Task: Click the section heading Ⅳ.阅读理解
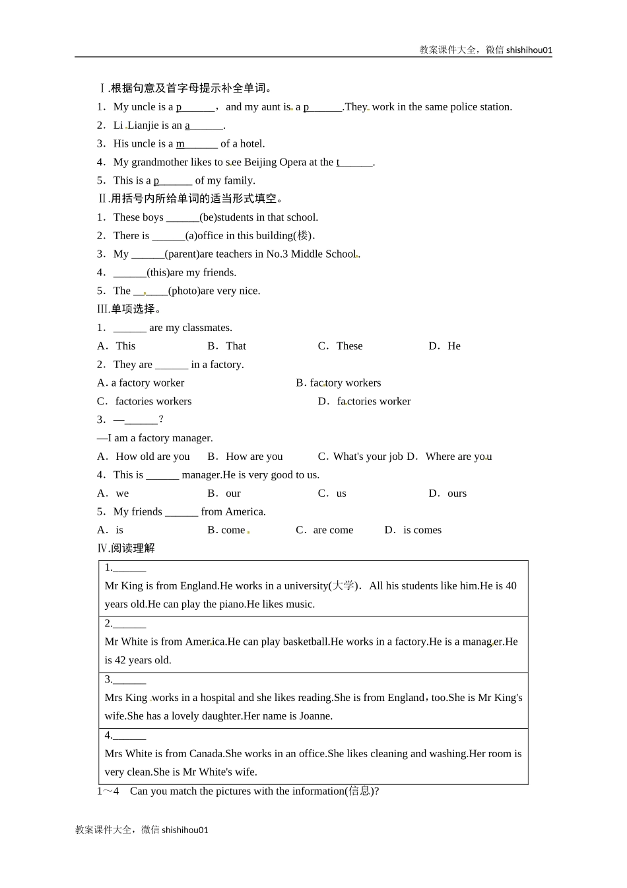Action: click(x=126, y=548)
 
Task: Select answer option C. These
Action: click(x=340, y=346)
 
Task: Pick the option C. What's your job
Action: click(x=360, y=457)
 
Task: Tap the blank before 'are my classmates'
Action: click(x=129, y=328)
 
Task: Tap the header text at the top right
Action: click(x=485, y=50)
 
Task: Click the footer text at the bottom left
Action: click(x=142, y=830)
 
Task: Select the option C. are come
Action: click(x=325, y=531)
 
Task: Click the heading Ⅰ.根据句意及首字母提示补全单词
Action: click(x=185, y=89)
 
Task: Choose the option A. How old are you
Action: click(x=143, y=457)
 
